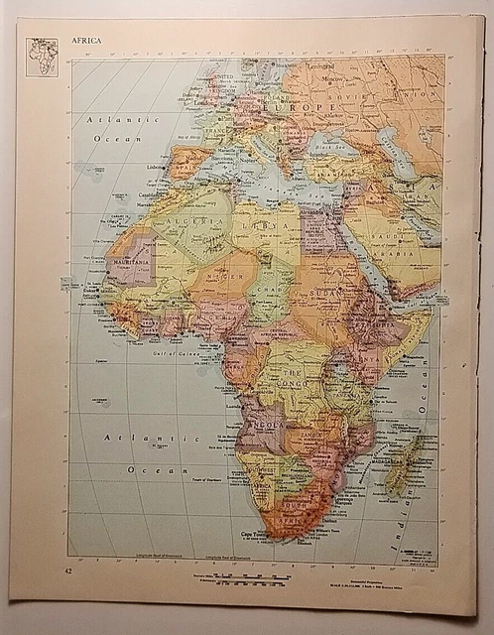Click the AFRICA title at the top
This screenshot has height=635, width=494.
(x=85, y=43)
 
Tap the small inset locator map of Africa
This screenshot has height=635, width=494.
(x=42, y=58)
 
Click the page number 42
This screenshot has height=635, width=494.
(x=67, y=572)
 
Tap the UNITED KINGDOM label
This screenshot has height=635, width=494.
(x=221, y=79)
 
